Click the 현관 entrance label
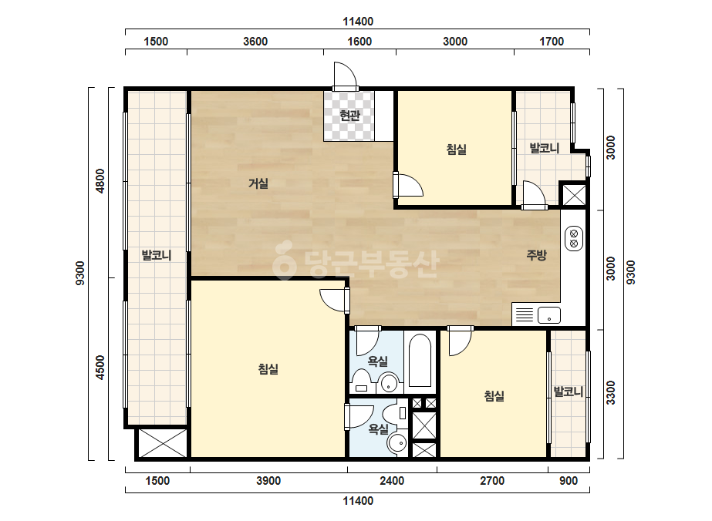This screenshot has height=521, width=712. pyautogui.click(x=349, y=116)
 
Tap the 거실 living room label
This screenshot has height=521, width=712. pyautogui.click(x=258, y=183)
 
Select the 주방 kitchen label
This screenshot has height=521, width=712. pyautogui.click(x=536, y=255)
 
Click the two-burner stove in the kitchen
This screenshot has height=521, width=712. pyautogui.click(x=573, y=239)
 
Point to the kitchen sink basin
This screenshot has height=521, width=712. pyautogui.click(x=549, y=315)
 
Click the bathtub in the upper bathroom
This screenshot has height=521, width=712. pyautogui.click(x=420, y=361)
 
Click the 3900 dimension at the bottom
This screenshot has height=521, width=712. pyautogui.click(x=268, y=481)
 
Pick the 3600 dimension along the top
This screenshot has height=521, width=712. pyautogui.click(x=255, y=42)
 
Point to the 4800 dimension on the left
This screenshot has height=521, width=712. pyautogui.click(x=100, y=181)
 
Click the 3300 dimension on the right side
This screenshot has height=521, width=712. pyautogui.click(x=611, y=392)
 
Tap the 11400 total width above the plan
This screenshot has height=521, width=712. pyautogui.click(x=358, y=22)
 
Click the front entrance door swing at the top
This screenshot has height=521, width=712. pyautogui.click(x=344, y=75)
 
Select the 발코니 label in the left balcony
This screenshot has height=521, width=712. pyautogui.click(x=156, y=255)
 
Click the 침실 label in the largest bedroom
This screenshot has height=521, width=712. pyautogui.click(x=268, y=369)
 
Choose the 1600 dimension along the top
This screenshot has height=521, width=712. pyautogui.click(x=359, y=42)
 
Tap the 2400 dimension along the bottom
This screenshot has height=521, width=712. pyautogui.click(x=392, y=481)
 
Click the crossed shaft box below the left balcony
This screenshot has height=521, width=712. pyautogui.click(x=163, y=443)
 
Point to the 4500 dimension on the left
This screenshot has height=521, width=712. pyautogui.click(x=100, y=368)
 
